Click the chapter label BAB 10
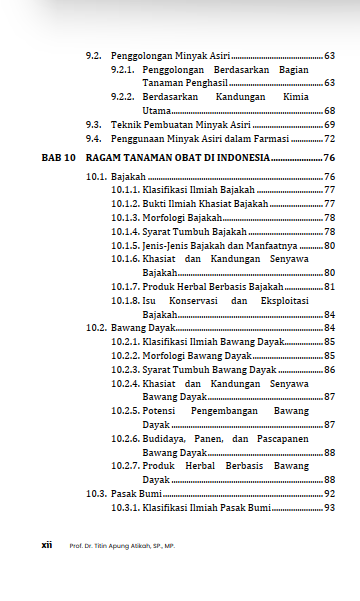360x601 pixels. [x=58, y=158]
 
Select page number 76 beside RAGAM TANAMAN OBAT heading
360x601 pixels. [x=329, y=158]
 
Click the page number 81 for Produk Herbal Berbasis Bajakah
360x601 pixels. [x=329, y=287]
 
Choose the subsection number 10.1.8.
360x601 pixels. [x=124, y=300]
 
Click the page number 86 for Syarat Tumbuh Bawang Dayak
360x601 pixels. [x=329, y=369]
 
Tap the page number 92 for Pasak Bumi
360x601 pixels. [x=329, y=494]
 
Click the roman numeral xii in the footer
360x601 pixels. [x=46, y=546]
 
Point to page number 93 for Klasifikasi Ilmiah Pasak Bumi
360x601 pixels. [x=329, y=508]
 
